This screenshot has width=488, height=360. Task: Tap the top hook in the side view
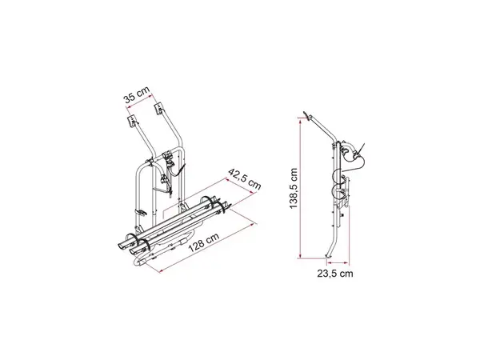click(x=311, y=115)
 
